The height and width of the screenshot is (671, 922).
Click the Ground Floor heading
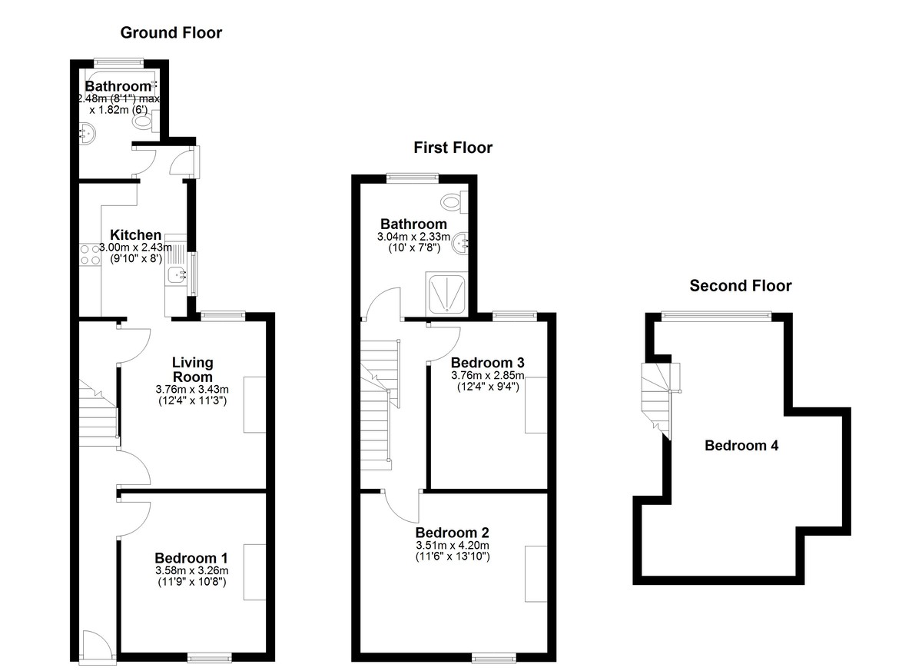pos(171,32)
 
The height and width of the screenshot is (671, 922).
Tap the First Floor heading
pos(453,148)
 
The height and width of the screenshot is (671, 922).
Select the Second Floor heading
pos(741,286)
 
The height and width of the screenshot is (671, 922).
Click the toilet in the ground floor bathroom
pos(147,121)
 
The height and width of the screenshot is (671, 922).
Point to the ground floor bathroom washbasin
pos(88,132)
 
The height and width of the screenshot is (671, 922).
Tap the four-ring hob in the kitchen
pos(90,254)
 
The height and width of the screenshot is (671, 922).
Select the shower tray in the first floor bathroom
pos(446,294)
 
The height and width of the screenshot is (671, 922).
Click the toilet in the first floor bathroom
pos(454,202)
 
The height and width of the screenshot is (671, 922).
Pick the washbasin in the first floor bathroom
pos(460,244)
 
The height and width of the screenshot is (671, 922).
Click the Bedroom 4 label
pos(741,446)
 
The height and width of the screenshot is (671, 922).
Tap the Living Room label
pos(192,370)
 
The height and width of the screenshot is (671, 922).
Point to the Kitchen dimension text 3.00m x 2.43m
pos(135,247)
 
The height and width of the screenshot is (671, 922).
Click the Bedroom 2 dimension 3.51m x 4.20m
pos(453,546)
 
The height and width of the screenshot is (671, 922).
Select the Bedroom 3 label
pos(487,363)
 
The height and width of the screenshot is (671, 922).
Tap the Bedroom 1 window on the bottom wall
pos(209,658)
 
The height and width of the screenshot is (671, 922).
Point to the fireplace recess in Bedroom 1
pos(255,572)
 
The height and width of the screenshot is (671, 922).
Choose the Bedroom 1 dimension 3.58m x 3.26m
pos(192,571)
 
